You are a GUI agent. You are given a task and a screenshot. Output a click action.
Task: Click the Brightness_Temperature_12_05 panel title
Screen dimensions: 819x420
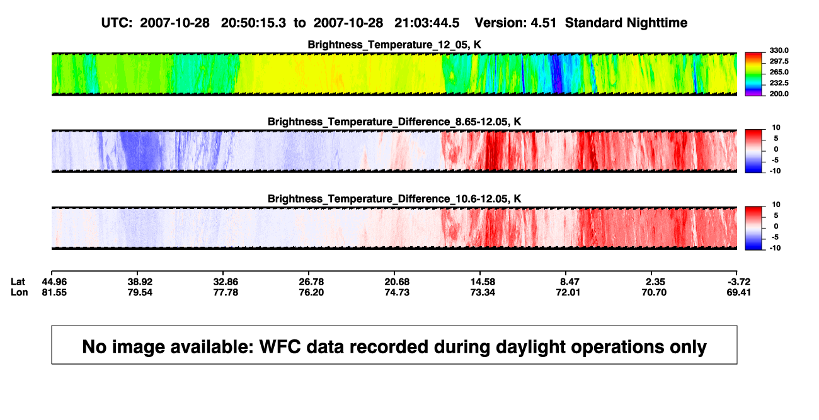(x=394, y=45)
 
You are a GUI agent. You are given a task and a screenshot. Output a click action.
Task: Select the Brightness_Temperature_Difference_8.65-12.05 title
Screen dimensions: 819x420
(x=394, y=122)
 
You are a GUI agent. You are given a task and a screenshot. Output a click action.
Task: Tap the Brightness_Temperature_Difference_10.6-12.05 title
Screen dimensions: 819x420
(x=394, y=199)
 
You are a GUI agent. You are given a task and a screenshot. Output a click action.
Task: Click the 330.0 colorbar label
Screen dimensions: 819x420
(x=779, y=50)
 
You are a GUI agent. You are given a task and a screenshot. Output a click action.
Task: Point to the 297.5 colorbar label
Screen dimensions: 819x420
(x=779, y=61)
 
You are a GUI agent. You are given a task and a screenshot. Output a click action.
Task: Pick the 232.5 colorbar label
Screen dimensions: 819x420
(x=779, y=83)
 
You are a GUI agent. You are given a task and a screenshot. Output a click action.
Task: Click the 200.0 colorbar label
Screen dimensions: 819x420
(x=779, y=94)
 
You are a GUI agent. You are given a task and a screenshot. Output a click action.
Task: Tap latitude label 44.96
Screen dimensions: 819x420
(x=54, y=282)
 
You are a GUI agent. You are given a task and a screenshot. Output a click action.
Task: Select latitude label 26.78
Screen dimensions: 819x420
(x=311, y=282)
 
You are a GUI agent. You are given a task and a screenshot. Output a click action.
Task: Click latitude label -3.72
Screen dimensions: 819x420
(x=738, y=282)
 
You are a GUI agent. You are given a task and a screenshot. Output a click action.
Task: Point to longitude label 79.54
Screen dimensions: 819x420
(x=140, y=292)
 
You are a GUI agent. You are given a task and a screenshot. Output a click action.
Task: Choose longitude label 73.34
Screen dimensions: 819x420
(x=483, y=292)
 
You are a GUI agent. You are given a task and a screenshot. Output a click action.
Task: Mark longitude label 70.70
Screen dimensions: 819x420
(x=654, y=292)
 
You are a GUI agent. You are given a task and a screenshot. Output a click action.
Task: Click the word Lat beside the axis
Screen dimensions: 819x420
(x=18, y=282)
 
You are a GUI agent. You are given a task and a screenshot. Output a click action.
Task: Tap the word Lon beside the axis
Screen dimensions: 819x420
(x=20, y=292)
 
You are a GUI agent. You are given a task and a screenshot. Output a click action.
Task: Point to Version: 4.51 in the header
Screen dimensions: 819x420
(x=515, y=23)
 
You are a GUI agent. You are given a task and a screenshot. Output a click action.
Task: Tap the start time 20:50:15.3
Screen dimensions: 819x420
(x=253, y=23)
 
